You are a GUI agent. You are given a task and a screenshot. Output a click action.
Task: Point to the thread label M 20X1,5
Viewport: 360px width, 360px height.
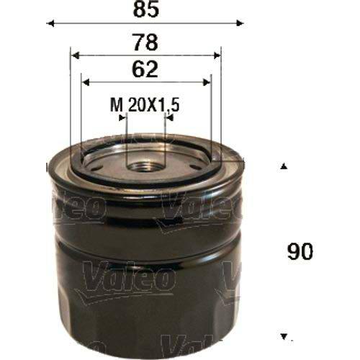coord(144,106)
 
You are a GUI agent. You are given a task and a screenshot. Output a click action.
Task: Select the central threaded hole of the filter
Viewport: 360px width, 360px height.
coord(145,165)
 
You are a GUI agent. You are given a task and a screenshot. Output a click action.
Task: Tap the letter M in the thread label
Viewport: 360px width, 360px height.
coord(114,106)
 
